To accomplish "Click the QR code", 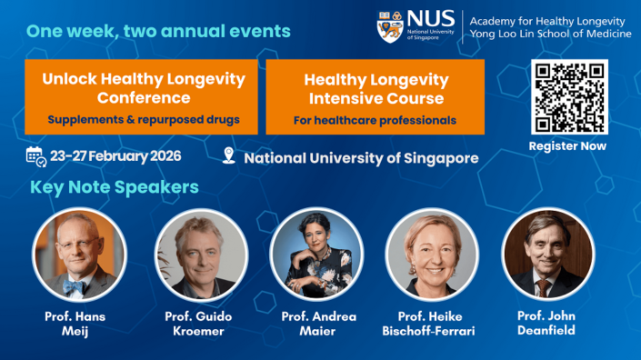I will tap(568, 96).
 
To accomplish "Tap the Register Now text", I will tap(568, 145).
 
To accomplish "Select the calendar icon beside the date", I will tap(35, 156).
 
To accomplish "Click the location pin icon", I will tap(228, 156).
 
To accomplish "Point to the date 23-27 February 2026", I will tap(115, 156).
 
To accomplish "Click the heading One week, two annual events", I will tap(158, 31).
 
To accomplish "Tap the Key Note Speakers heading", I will tap(115, 188).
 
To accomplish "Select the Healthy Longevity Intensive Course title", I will tap(376, 88).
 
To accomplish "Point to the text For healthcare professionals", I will tap(375, 119).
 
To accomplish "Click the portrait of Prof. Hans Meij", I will tap(79, 255).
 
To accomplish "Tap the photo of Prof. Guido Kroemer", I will tap(200, 255).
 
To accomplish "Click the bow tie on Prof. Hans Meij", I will tap(75, 286).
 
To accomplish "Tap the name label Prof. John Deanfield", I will tap(547, 323).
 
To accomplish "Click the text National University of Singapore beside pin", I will tap(361, 157).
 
